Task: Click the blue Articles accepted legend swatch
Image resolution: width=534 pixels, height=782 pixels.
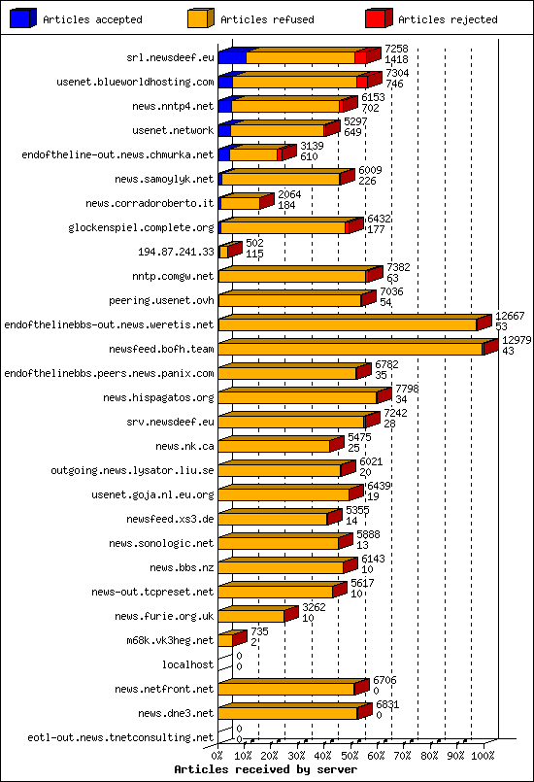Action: point(22,18)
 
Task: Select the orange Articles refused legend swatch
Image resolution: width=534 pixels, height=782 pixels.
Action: point(199,18)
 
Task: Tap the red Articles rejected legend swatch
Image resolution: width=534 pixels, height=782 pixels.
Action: point(378,18)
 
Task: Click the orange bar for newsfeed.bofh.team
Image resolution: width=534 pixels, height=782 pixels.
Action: point(350,349)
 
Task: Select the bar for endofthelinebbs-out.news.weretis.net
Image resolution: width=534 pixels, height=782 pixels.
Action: point(347,324)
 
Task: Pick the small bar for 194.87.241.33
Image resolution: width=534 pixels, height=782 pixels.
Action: point(224,252)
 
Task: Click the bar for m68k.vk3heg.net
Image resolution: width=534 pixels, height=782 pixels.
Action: point(226,640)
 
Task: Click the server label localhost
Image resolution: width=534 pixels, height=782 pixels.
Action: point(187,664)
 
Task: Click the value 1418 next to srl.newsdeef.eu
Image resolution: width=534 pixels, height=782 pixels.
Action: point(396,59)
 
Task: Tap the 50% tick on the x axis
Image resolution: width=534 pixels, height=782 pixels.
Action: point(350,754)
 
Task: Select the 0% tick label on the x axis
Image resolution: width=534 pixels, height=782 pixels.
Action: point(218,754)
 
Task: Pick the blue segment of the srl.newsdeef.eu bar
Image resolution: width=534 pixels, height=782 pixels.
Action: point(232,57)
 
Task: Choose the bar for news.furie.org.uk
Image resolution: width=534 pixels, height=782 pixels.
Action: point(251,616)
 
